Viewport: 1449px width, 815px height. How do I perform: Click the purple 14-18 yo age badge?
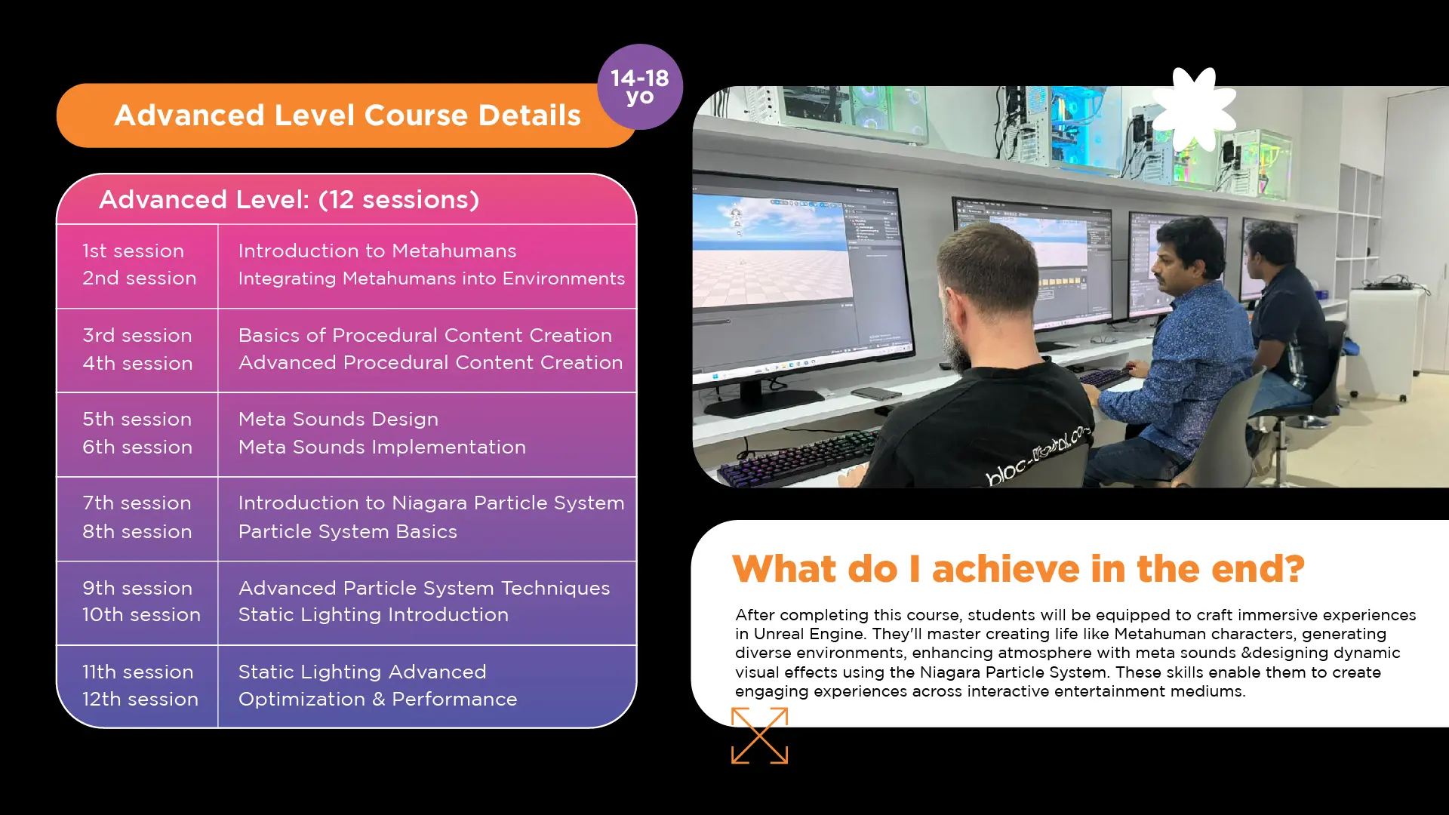coord(640,87)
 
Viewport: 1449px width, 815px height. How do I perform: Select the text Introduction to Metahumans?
coord(377,251)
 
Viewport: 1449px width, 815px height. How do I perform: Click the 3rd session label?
coord(137,335)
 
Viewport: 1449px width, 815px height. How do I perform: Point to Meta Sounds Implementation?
coord(382,447)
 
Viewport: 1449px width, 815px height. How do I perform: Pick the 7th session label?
coord(137,503)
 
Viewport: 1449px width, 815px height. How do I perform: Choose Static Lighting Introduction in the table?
coord(374,614)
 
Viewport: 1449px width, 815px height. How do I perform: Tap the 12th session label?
coord(140,699)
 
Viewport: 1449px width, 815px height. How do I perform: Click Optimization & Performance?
coord(377,699)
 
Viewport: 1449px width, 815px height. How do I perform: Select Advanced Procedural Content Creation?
coord(431,362)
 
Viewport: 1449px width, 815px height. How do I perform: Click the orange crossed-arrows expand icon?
coord(759,735)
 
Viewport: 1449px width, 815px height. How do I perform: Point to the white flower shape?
coord(1194,109)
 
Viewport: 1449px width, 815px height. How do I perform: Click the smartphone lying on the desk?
coord(876,394)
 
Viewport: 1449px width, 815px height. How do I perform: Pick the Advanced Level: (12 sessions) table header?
coord(289,199)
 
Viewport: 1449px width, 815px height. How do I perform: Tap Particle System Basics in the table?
coord(348,531)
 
